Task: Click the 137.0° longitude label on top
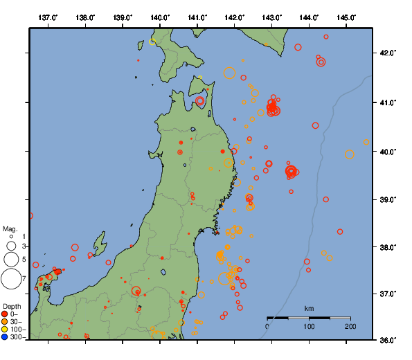pos(48,17)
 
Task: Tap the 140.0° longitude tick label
pos(160,17)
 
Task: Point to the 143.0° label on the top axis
pos(272,17)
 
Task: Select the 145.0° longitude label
pos(347,17)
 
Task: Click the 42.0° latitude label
pos(388,53)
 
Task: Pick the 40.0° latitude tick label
pos(388,151)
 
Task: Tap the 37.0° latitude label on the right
pos(388,294)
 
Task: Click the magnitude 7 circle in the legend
pos(10,278)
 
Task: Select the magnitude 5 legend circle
pos(10,259)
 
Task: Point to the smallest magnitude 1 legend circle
pos(10,237)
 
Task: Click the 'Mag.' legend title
pos(9,228)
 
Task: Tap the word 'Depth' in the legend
pos(11,305)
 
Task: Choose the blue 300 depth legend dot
pos(5,337)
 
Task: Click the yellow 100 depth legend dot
pos(5,330)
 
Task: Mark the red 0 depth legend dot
pos(5,314)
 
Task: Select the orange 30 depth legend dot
pos(5,322)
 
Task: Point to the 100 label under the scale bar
pos(309,326)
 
